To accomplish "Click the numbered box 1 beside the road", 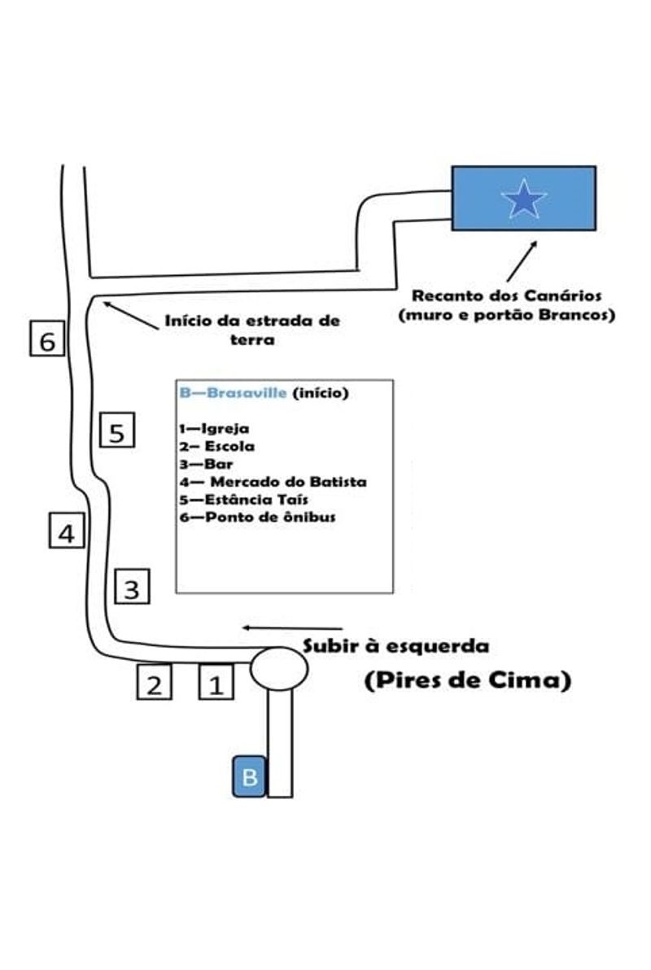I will [x=216, y=683].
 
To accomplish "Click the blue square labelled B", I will [x=250, y=776].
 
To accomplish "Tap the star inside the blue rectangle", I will [x=523, y=199].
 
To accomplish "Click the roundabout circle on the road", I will [x=279, y=667].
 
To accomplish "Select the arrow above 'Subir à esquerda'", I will [x=292, y=628].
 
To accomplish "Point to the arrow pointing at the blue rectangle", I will [x=521, y=261].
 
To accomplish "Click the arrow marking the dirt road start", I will [x=130, y=315].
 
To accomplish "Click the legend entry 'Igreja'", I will [x=219, y=429].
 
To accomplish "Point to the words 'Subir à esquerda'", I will [x=396, y=647].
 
